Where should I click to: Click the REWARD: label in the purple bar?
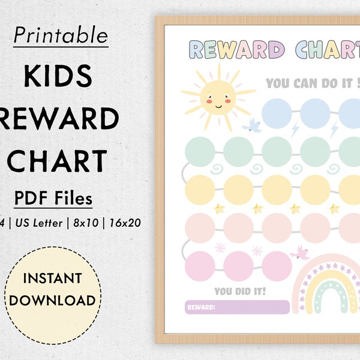(201, 307)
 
